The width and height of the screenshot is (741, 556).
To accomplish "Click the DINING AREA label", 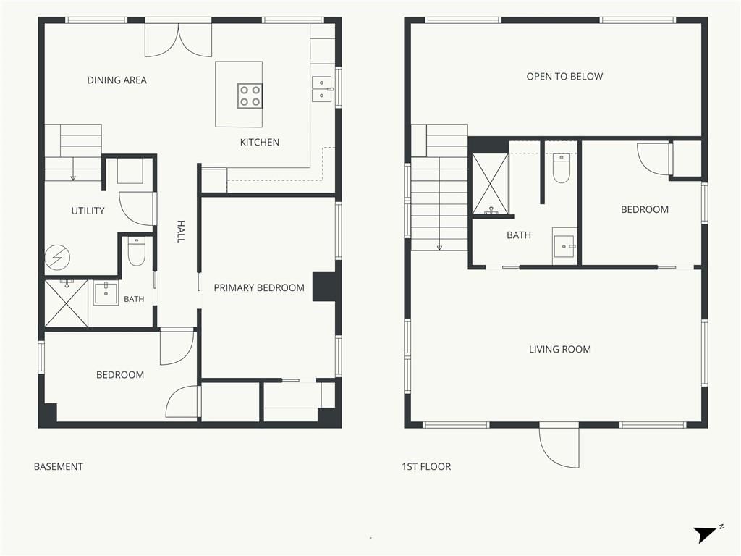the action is tap(117, 80).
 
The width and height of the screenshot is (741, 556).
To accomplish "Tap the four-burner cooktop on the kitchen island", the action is tap(250, 96).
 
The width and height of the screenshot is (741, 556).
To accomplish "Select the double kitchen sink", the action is tap(322, 89).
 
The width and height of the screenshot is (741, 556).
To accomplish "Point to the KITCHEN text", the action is tap(260, 143).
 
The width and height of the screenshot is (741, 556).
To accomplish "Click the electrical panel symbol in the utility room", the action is tap(57, 258).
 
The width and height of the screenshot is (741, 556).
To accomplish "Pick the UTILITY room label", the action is tap(88, 211).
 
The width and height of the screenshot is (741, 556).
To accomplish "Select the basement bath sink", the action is tap(106, 293).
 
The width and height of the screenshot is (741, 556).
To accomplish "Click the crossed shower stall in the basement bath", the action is tap(66, 303).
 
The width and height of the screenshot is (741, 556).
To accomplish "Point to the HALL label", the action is tap(180, 232).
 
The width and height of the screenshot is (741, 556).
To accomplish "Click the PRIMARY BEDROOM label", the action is tap(259, 288).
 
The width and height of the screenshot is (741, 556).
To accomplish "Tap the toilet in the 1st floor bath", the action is tap(562, 168).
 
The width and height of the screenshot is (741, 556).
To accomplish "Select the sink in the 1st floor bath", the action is tap(564, 246).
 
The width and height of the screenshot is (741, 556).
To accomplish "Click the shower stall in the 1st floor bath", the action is tap(491, 184).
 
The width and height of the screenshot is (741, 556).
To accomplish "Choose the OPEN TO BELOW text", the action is tap(564, 77).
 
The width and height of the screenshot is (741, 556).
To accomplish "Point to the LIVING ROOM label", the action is tap(560, 350).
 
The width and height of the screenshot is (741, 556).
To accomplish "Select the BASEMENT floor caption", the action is tap(59, 467).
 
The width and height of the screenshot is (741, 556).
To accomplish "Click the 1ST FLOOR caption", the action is tap(426, 467).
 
